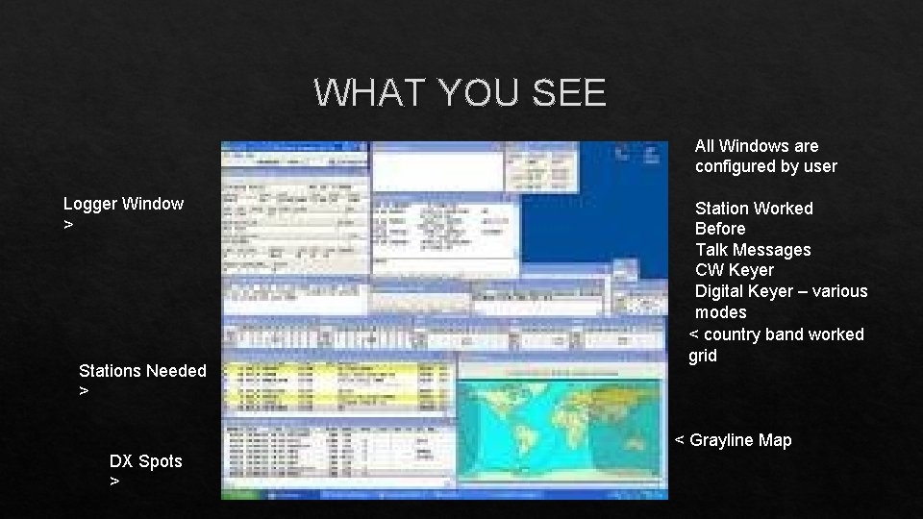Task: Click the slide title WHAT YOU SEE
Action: tap(460, 92)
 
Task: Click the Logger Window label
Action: tap(123, 204)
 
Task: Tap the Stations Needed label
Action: tap(142, 371)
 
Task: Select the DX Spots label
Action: tap(145, 461)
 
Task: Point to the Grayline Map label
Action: tap(740, 440)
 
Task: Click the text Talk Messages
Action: tap(753, 250)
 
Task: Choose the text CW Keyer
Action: tap(734, 270)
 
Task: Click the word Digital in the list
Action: tap(719, 291)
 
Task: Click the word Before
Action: tap(720, 229)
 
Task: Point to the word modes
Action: tap(720, 312)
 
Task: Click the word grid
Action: tap(703, 356)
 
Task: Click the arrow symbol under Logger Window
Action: tap(67, 224)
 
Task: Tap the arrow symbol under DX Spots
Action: tap(114, 482)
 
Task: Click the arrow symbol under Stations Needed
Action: tap(84, 391)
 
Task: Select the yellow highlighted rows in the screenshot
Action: tap(337, 385)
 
